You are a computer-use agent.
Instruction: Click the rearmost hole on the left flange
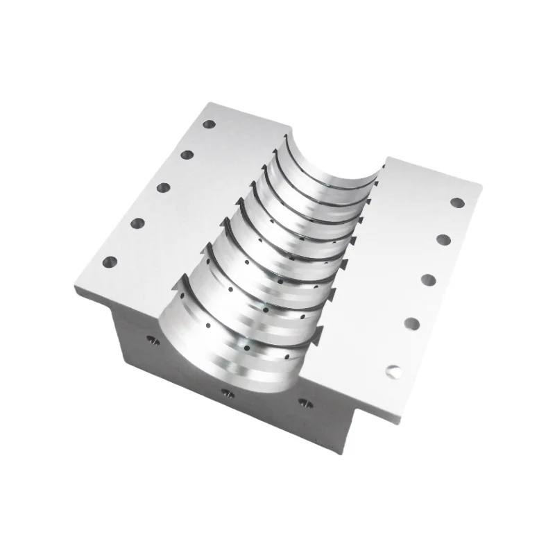coord(209,125)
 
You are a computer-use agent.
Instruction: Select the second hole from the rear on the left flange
coord(187,155)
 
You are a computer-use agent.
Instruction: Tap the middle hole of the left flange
coord(164,187)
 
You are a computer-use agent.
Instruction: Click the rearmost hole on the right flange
coord(457,203)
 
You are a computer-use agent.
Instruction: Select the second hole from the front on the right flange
coord(411,323)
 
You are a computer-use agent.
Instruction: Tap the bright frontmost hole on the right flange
coord(393,372)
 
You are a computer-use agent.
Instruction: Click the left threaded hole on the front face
coord(150,339)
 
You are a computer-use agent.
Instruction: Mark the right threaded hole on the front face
coord(302,402)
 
